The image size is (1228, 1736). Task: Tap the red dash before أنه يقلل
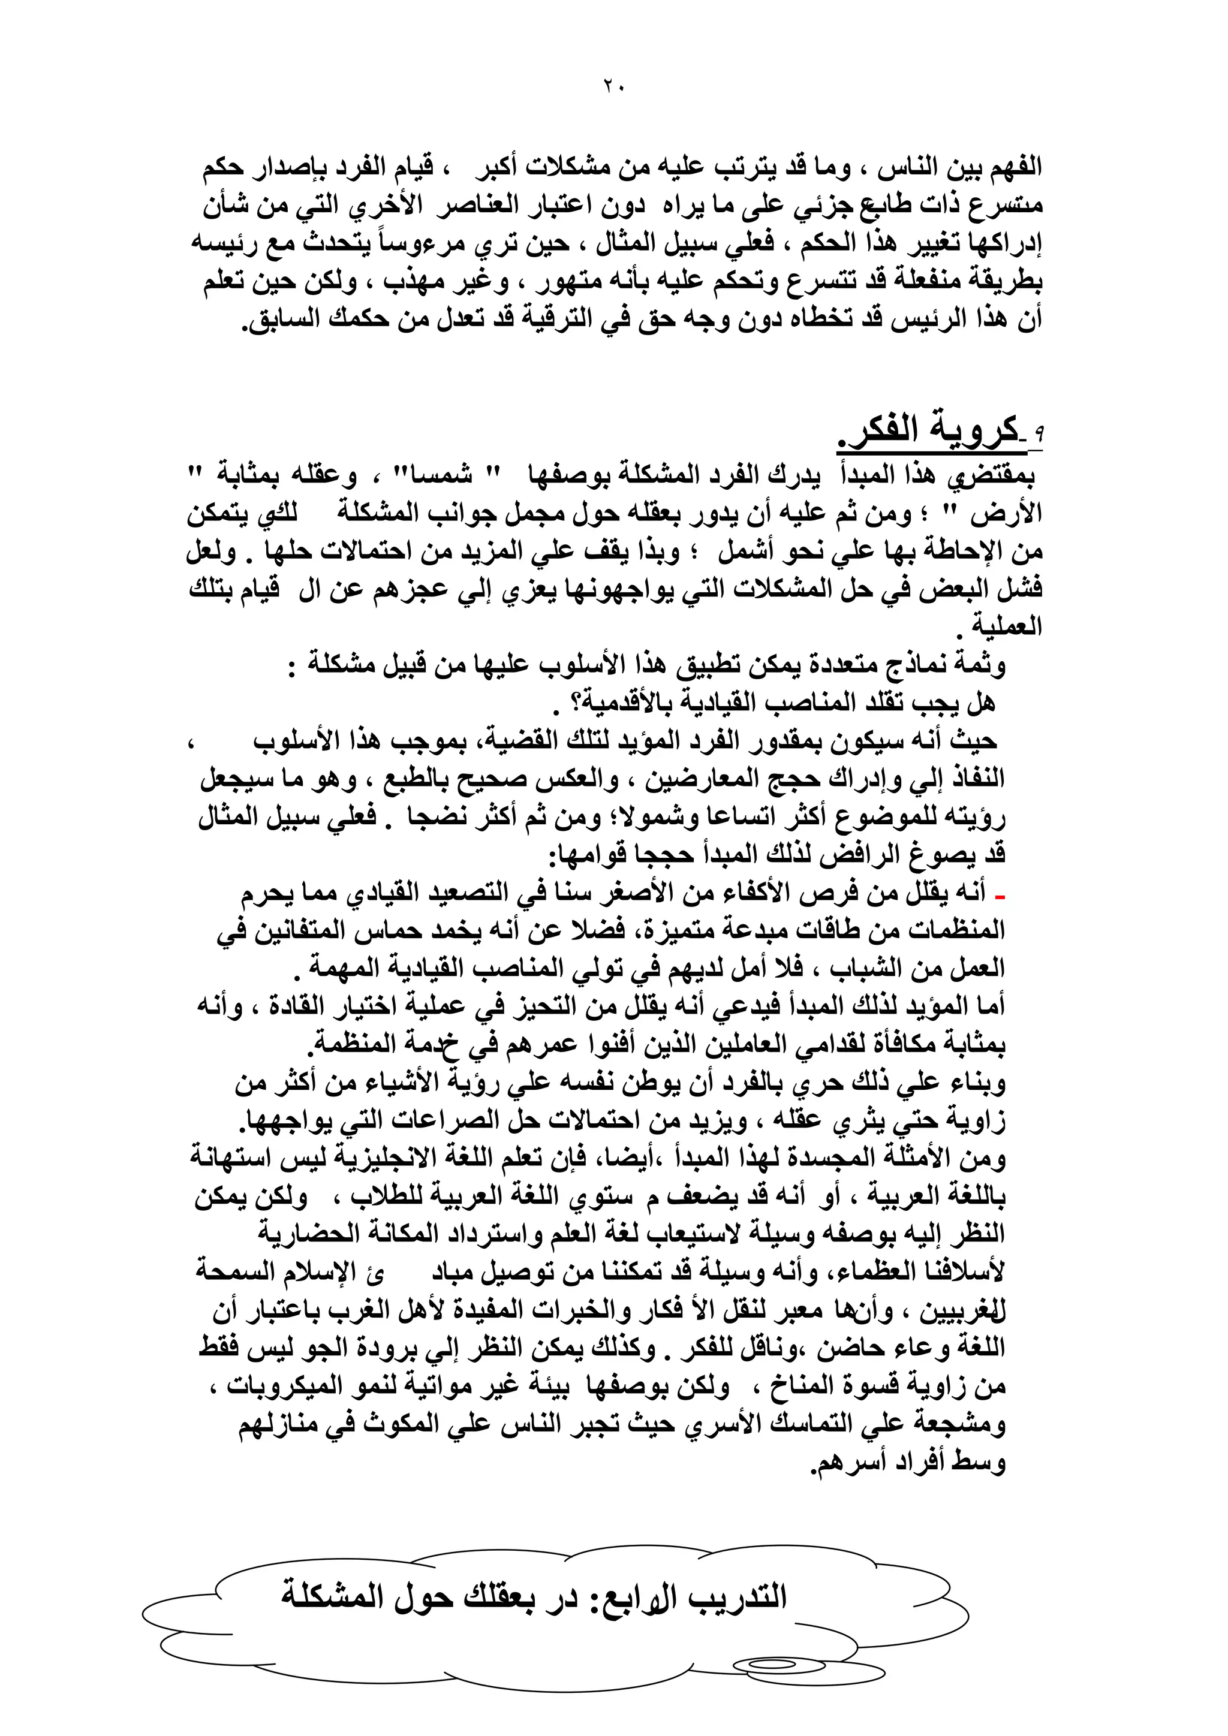coord(1000,897)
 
